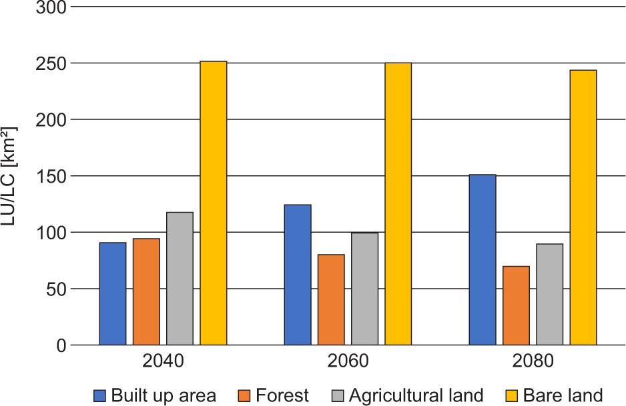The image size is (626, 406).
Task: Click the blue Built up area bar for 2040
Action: [113, 293]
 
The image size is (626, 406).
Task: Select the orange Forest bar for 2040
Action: [146, 291]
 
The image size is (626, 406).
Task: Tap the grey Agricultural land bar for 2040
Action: [180, 278]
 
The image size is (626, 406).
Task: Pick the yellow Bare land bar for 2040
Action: [214, 203]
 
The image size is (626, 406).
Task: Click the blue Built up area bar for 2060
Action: [298, 275]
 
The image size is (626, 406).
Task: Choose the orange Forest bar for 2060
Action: [331, 299]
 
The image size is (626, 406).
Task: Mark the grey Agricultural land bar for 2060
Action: [364, 289]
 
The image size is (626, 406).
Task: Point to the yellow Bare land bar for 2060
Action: [398, 204]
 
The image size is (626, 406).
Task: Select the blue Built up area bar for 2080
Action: [483, 259]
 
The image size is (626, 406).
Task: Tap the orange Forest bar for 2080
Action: [516, 305]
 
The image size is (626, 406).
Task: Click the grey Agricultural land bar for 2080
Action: [549, 294]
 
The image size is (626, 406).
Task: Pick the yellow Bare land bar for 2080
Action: [583, 207]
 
